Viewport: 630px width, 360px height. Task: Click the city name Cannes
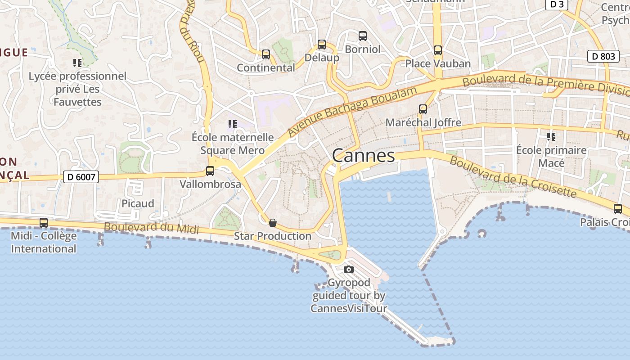pos(363,156)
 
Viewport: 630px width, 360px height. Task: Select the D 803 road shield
pos(603,56)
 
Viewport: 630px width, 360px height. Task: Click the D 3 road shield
pos(557,4)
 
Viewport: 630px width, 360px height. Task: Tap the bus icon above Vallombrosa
pos(210,171)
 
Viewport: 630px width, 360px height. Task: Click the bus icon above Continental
pos(266,54)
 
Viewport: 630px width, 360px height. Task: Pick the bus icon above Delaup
pos(322,45)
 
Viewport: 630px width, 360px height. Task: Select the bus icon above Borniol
pos(363,36)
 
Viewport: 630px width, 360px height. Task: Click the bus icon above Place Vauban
pos(438,50)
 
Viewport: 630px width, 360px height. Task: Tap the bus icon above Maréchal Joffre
pos(423,109)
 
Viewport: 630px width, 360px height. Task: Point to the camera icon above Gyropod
pos(349,270)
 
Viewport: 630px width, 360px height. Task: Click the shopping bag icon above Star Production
pos(273,223)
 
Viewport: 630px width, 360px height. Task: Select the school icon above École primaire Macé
pos(551,136)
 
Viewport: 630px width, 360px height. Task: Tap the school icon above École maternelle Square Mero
pos(232,124)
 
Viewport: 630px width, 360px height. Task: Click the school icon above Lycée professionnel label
pos(77,63)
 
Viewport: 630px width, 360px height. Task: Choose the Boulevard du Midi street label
pos(151,227)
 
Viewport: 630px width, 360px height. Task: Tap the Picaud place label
pos(138,203)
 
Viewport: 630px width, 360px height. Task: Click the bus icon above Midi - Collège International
pos(44,222)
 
